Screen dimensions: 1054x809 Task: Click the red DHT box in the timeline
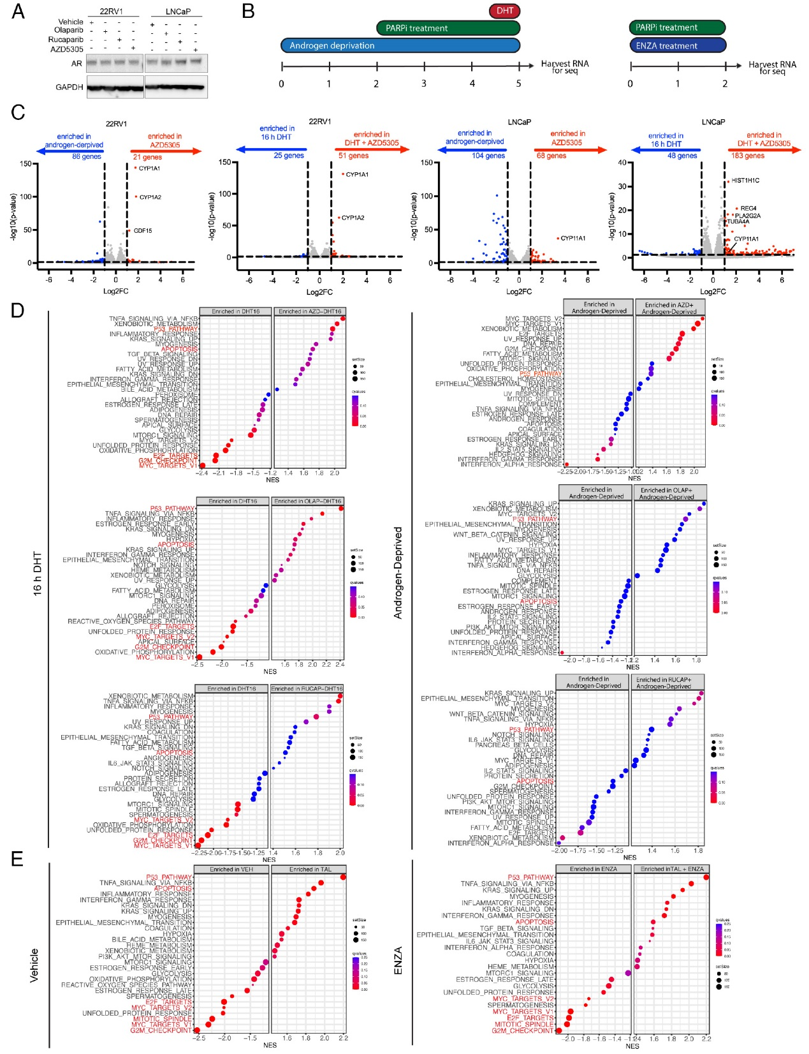click(x=505, y=11)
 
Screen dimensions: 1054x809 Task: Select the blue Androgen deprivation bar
click(x=400, y=45)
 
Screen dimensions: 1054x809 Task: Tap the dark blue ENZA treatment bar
click(x=678, y=45)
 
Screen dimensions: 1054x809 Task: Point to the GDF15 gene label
click(x=143, y=231)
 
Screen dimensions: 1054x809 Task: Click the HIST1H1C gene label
click(x=745, y=181)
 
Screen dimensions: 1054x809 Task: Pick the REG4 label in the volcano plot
click(x=748, y=209)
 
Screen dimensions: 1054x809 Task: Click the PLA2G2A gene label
click(x=748, y=216)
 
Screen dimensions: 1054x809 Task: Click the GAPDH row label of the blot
click(x=69, y=87)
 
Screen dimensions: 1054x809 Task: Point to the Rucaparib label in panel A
click(x=66, y=40)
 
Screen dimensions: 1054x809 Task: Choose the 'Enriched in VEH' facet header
click(x=231, y=869)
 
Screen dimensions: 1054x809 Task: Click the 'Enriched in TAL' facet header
click(x=309, y=869)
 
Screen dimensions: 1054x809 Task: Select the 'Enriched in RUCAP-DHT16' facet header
click(x=307, y=688)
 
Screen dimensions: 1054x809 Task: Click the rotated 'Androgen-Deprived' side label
click(x=398, y=572)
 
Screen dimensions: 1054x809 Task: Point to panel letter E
click(x=17, y=859)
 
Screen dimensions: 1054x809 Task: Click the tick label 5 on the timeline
click(x=519, y=84)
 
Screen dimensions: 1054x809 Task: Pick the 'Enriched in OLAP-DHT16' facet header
click(x=308, y=501)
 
